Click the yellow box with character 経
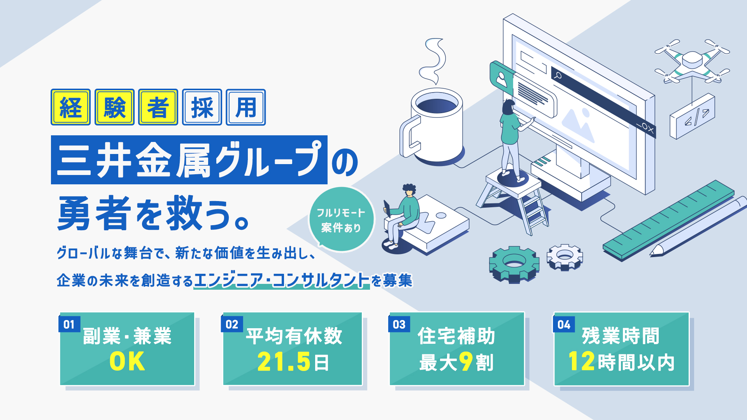[x=70, y=107]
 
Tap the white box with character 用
[x=245, y=107]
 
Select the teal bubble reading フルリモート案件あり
[x=341, y=220]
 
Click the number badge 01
[x=69, y=324]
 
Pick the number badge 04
[x=564, y=324]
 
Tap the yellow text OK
[x=127, y=362]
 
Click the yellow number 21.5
[x=284, y=362]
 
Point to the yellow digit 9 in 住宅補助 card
[x=465, y=362]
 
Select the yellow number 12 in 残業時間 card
[x=581, y=361]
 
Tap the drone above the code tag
[x=692, y=61]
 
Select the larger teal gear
[x=514, y=264]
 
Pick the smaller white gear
[x=565, y=257]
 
